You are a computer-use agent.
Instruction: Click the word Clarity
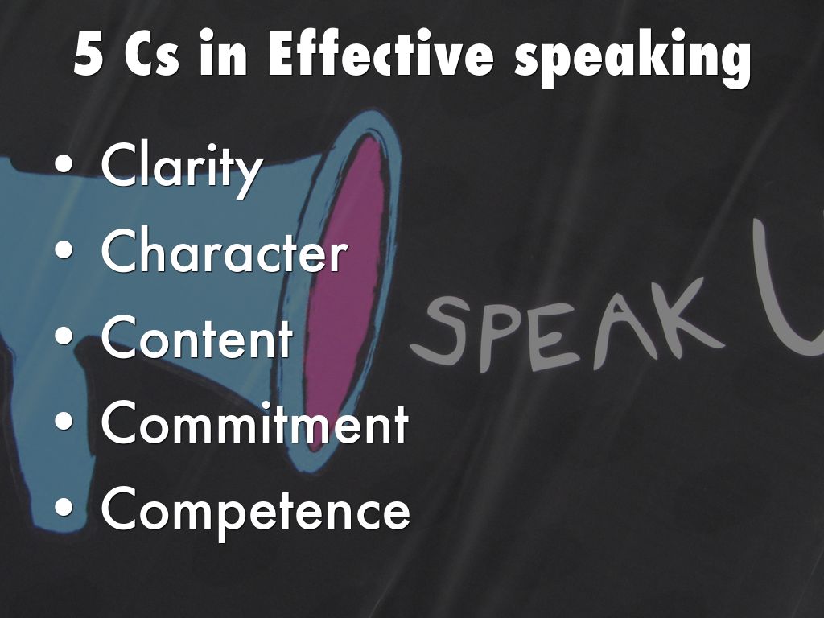(x=181, y=168)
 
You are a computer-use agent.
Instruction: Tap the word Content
(x=197, y=336)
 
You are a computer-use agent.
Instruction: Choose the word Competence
(x=255, y=511)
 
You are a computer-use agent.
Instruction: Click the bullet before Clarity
(x=64, y=163)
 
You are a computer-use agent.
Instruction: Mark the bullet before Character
(x=64, y=249)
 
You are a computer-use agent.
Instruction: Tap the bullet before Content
(x=64, y=336)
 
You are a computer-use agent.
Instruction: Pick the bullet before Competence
(x=64, y=507)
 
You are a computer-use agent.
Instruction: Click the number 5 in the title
(x=88, y=55)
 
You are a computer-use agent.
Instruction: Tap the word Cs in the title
(x=152, y=55)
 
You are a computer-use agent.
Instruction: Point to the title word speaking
(x=632, y=59)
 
